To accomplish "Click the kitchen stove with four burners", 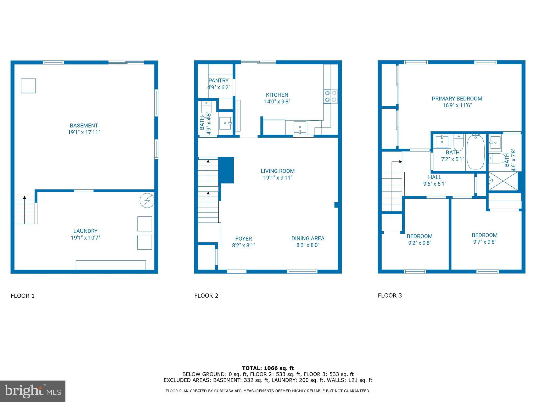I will (331, 96).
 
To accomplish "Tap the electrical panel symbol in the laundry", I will (147, 201).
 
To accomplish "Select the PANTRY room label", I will (219, 81).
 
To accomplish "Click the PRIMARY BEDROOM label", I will (457, 99).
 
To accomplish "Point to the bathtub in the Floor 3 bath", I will (476, 152).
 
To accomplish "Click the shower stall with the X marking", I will (503, 181).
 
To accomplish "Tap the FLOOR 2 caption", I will (206, 296).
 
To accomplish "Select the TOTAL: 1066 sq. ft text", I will (268, 368).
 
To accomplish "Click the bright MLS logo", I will (33, 391).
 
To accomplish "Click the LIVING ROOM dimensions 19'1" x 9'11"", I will (277, 178).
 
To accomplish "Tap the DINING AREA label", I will (308, 238).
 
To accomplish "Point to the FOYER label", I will (243, 239).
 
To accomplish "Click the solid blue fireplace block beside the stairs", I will (226, 170).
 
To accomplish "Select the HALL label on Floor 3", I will (435, 177).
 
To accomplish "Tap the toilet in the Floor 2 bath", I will (206, 109).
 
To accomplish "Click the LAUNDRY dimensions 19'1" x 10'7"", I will (85, 238).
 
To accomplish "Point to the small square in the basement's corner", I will (28, 86).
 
